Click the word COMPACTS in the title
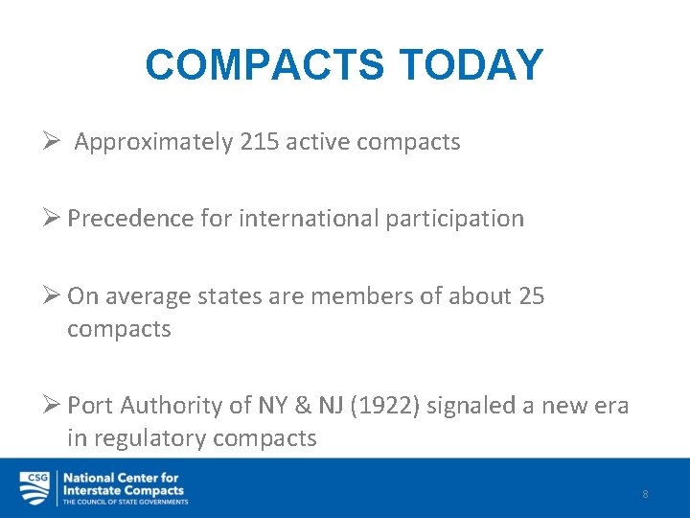coord(264,65)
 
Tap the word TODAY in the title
coord(470,65)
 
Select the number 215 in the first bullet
coord(260,142)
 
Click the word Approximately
coord(153,142)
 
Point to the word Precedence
coord(130,219)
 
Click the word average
coord(149,295)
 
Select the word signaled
coord(471,406)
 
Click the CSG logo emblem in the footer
coord(34,487)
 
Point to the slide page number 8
coord(645,494)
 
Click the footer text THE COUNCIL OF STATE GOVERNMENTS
coord(125,502)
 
